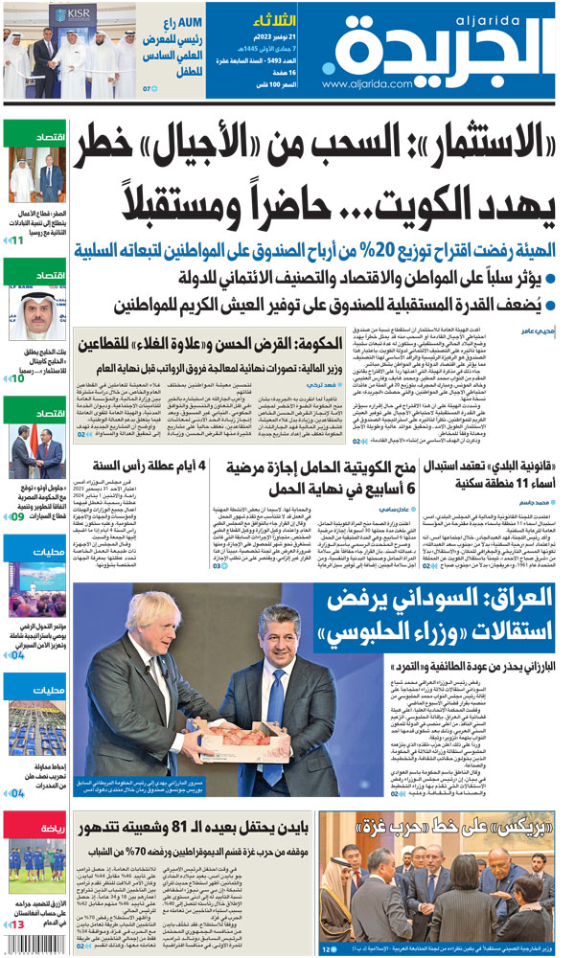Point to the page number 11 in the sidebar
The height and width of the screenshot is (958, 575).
tap(17, 239)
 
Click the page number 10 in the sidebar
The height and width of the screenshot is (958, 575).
tap(17, 378)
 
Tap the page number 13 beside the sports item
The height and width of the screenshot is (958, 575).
tap(17, 924)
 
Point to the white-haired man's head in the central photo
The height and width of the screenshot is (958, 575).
tap(152, 621)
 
